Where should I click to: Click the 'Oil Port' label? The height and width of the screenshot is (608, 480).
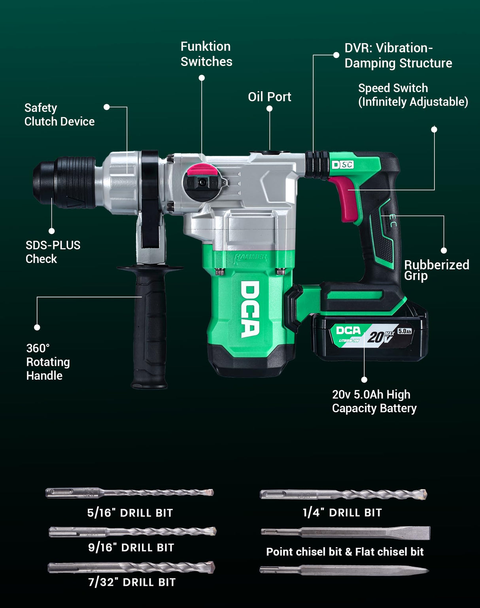[x=269, y=97]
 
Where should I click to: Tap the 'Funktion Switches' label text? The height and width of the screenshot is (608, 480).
[x=206, y=54]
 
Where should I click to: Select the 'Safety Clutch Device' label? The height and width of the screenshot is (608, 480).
[x=59, y=115]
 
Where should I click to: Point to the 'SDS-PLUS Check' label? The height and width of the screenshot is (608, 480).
[x=53, y=252]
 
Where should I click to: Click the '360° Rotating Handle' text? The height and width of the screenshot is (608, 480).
[x=48, y=362]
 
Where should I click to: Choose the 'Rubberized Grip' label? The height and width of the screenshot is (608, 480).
[x=436, y=270]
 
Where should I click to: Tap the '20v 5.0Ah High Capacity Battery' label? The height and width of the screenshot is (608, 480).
[x=374, y=401]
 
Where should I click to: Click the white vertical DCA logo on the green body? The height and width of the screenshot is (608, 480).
[x=250, y=309]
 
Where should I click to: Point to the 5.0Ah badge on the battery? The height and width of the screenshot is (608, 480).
[x=404, y=331]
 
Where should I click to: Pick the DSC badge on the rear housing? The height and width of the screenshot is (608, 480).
[x=342, y=165]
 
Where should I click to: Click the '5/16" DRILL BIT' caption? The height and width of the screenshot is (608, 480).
[x=130, y=513]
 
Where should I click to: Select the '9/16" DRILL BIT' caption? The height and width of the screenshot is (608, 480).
[x=131, y=547]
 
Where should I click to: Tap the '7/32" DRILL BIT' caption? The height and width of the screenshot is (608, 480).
[x=132, y=582]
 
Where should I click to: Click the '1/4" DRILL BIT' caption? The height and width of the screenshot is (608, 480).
[x=342, y=513]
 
